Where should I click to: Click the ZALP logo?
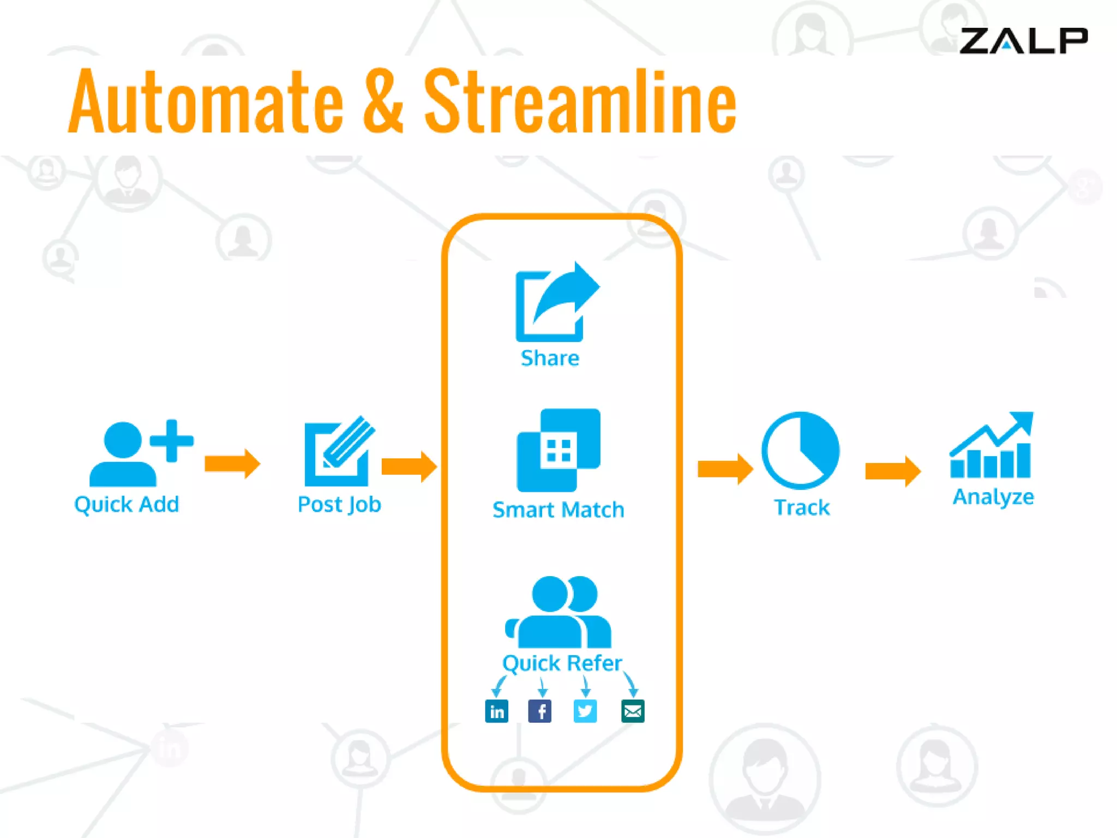[1023, 41]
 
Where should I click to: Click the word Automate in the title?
[206, 102]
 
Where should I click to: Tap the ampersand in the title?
[383, 102]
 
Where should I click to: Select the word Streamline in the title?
[580, 102]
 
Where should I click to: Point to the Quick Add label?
[127, 504]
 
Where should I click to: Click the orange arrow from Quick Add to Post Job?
[232, 464]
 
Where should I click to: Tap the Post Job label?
[339, 505]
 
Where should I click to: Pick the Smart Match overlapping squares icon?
[558, 450]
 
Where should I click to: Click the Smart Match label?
[558, 510]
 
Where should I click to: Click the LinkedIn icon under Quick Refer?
[496, 711]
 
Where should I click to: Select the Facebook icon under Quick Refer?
[540, 711]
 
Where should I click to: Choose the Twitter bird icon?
[585, 711]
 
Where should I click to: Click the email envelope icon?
[633, 711]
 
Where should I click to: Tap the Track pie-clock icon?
[800, 450]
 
